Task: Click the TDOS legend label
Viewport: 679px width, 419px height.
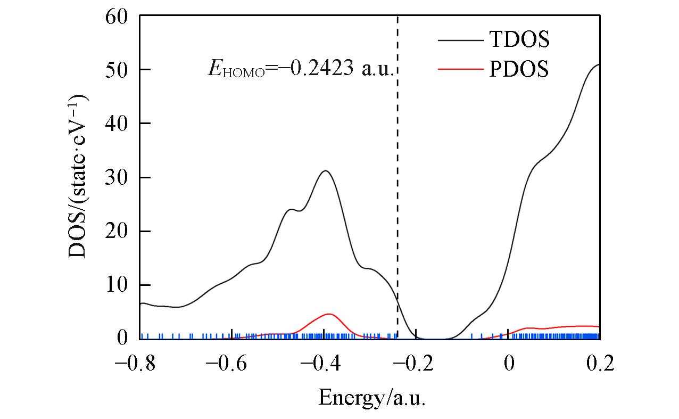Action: [519, 39]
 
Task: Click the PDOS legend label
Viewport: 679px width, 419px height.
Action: [519, 69]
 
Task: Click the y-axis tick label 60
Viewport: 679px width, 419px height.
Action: [116, 17]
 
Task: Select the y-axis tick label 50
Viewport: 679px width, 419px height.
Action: [116, 70]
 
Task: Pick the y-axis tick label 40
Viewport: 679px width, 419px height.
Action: [116, 124]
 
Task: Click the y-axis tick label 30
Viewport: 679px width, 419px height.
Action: [116, 178]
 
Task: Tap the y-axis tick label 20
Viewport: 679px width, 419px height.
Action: [116, 232]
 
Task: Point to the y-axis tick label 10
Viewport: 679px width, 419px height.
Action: [116, 285]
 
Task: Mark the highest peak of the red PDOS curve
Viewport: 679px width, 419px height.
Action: [329, 314]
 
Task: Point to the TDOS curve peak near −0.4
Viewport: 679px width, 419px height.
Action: [325, 171]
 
